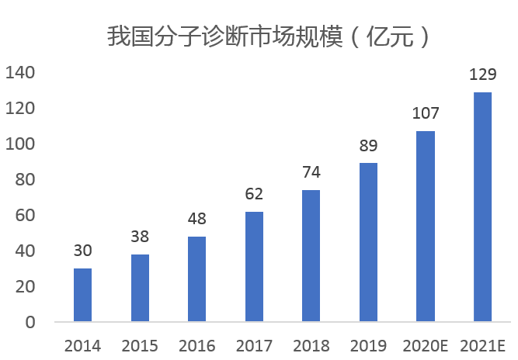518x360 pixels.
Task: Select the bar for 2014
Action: tap(82, 295)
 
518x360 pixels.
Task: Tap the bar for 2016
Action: tap(196, 279)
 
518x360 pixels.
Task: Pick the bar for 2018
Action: tap(311, 255)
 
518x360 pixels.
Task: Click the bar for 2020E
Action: tap(426, 226)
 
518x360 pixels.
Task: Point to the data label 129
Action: tap(482, 75)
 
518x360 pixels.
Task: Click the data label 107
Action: tap(426, 114)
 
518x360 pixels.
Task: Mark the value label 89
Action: tap(368, 146)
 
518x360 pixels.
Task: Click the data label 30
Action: tap(82, 251)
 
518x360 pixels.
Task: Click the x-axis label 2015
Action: tap(140, 345)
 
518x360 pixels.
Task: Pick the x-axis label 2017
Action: tap(254, 345)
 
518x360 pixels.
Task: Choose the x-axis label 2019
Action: tap(368, 345)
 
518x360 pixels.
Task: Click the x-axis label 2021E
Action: tap(482, 345)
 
